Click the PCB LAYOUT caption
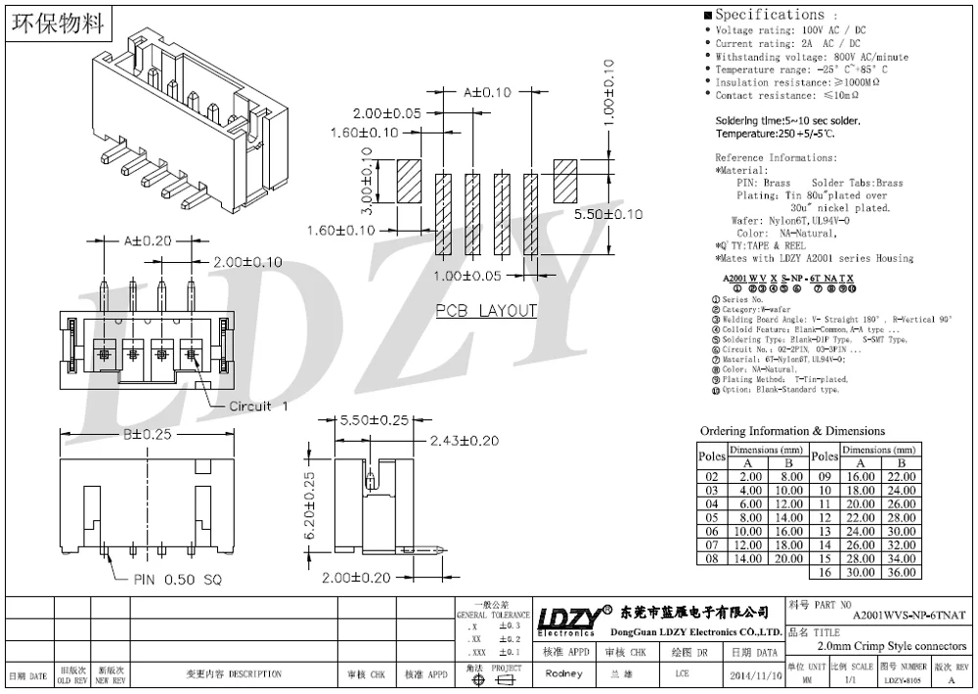point(486,311)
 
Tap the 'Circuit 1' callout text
point(258,406)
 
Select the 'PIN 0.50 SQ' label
point(178,580)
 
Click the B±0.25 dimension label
point(148,434)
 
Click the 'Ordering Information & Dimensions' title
point(792,431)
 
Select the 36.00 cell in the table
point(902,572)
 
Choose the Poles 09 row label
point(825,476)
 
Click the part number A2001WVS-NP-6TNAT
point(909,615)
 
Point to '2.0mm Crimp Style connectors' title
point(891,646)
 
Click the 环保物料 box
point(57,24)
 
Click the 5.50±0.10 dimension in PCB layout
point(608,214)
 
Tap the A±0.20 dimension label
point(148,239)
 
